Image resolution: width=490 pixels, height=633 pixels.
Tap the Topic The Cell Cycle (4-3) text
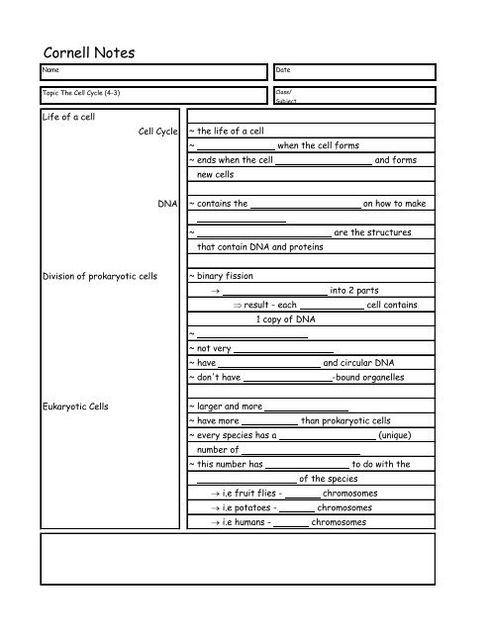point(81,92)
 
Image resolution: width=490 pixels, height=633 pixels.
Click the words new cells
point(216,174)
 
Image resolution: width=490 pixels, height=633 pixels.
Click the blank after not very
point(278,349)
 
